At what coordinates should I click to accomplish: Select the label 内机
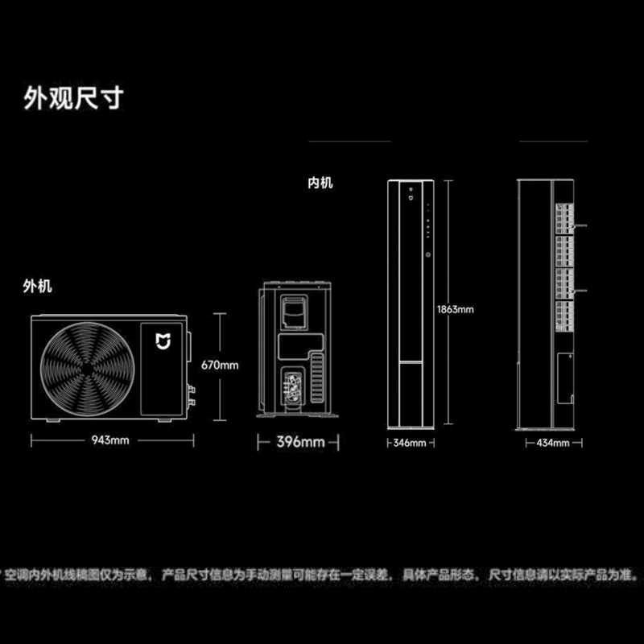click(320, 184)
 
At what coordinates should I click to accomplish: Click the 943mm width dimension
click(112, 440)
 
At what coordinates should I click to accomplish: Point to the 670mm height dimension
click(220, 365)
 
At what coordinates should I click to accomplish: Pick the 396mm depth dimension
click(299, 442)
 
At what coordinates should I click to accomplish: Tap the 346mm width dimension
click(409, 444)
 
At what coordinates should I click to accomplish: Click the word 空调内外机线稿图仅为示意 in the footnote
click(77, 575)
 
